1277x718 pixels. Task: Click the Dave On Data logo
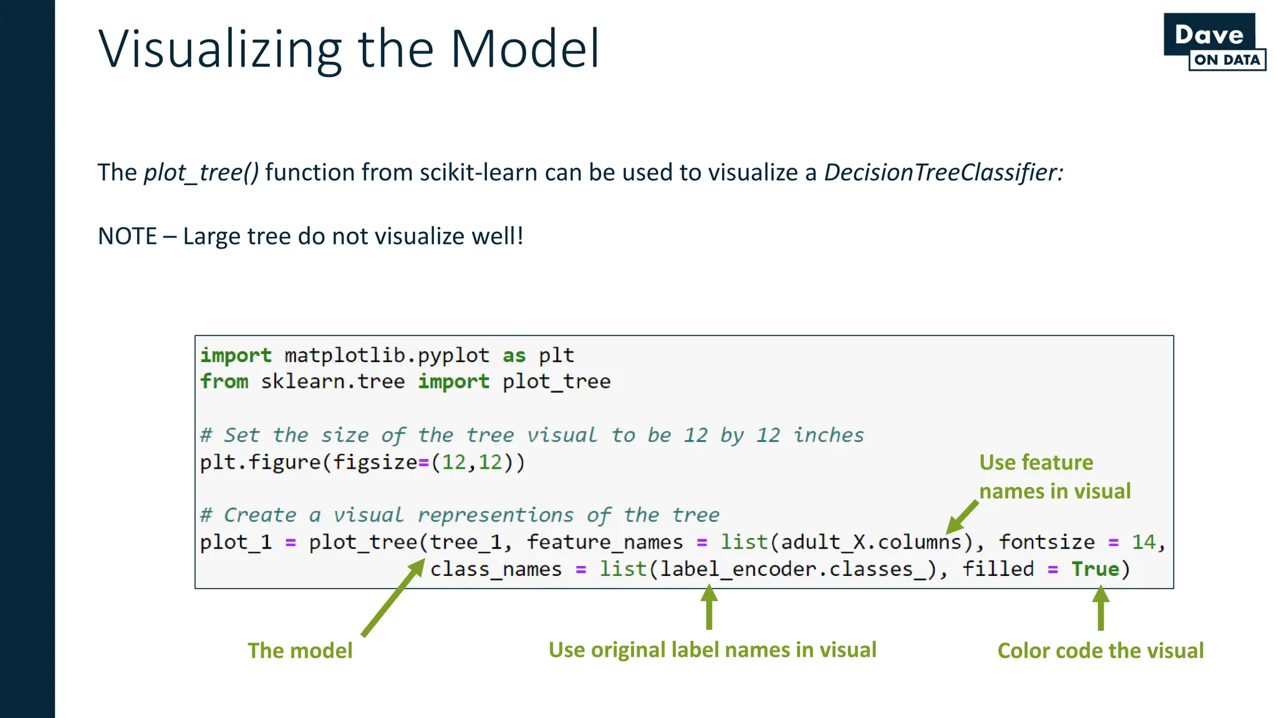point(1214,42)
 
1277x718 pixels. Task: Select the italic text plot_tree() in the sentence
point(201,173)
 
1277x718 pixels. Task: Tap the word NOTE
point(127,237)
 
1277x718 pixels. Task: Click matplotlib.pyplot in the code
point(387,355)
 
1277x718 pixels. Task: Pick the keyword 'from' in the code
point(224,381)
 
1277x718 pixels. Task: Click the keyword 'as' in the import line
point(514,355)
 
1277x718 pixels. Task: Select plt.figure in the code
point(260,462)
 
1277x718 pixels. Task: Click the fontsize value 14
point(1144,542)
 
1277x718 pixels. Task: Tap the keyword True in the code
point(1095,569)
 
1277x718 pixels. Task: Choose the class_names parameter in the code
point(496,569)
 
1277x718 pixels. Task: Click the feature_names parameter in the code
point(605,542)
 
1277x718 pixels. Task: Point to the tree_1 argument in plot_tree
point(466,542)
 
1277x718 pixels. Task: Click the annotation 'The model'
point(300,651)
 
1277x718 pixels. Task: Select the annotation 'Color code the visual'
point(1101,651)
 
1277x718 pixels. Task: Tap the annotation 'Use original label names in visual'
point(712,650)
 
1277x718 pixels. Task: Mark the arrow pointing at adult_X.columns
point(962,517)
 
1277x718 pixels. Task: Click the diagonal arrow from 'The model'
point(393,598)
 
